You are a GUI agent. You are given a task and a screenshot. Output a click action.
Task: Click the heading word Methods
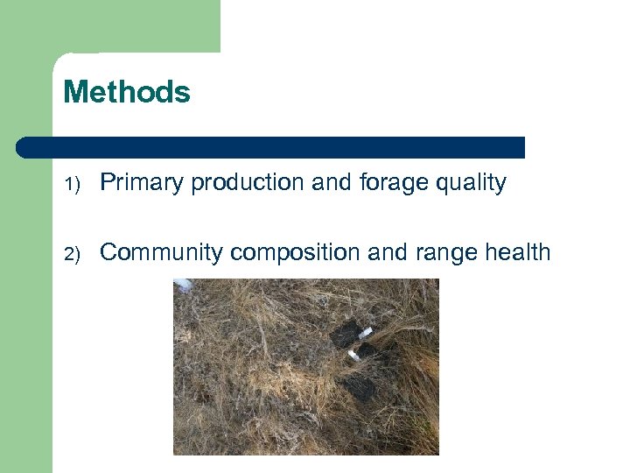coord(127,92)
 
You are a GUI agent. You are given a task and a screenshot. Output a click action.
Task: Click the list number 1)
coord(71,184)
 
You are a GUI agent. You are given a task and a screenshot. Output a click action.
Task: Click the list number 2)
coord(71,254)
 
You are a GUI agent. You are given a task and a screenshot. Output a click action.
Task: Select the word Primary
coord(143,183)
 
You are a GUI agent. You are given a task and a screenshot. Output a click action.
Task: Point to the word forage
coord(392,183)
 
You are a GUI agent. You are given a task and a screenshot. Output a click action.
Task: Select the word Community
coord(162,253)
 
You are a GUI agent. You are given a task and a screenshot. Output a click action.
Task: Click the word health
coord(517,253)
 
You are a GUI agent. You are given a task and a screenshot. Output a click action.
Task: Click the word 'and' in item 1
coord(331,183)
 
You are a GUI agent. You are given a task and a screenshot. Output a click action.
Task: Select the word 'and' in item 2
coord(386,253)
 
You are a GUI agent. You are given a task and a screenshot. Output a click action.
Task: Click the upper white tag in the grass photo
coord(364,333)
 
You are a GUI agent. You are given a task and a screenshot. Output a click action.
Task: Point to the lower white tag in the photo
coord(354,355)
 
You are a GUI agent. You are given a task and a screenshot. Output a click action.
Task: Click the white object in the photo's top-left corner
coord(183,285)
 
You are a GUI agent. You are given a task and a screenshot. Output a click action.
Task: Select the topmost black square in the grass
coord(345,333)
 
